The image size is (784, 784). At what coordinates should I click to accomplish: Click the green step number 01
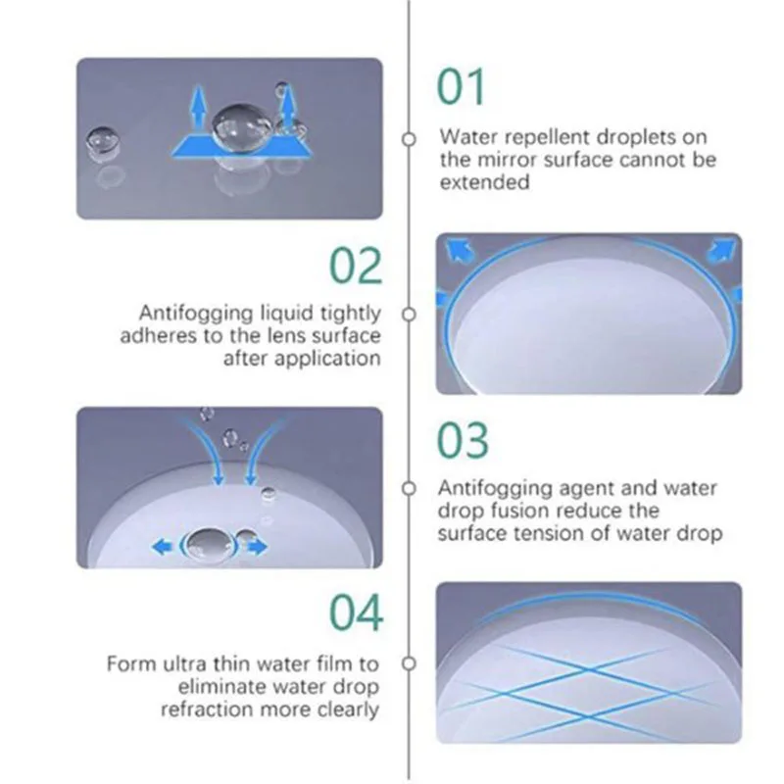pyautogui.click(x=461, y=87)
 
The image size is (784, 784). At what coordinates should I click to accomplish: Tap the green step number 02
pyautogui.click(x=356, y=266)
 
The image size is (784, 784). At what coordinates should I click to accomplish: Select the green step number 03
pyautogui.click(x=463, y=440)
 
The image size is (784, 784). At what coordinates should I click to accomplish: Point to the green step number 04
pyautogui.click(x=357, y=612)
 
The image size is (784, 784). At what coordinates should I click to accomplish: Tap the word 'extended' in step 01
pyautogui.click(x=484, y=182)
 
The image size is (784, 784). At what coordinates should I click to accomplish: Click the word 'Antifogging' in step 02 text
pyautogui.click(x=197, y=314)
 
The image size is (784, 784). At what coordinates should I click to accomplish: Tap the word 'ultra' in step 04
pyautogui.click(x=184, y=664)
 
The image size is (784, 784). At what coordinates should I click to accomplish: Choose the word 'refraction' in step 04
pyautogui.click(x=207, y=710)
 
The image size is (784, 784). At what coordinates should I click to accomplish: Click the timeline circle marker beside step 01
pyautogui.click(x=409, y=138)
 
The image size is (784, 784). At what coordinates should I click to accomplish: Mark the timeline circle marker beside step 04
pyautogui.click(x=409, y=663)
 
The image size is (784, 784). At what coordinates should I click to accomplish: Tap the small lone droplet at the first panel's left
pyautogui.click(x=103, y=144)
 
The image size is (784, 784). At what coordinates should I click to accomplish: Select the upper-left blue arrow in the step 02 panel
pyautogui.click(x=459, y=249)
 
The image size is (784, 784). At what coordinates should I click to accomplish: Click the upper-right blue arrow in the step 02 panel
pyautogui.click(x=721, y=249)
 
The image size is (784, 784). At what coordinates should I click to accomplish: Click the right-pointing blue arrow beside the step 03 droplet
pyautogui.click(x=257, y=547)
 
